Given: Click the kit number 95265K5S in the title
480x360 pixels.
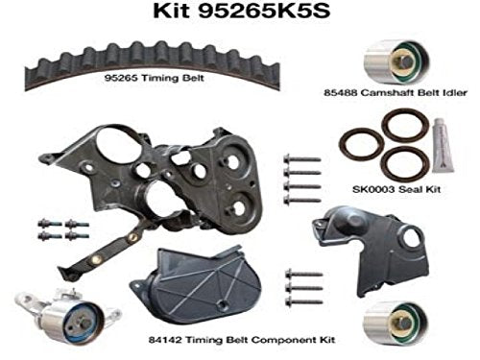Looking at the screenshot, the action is click(264, 11).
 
